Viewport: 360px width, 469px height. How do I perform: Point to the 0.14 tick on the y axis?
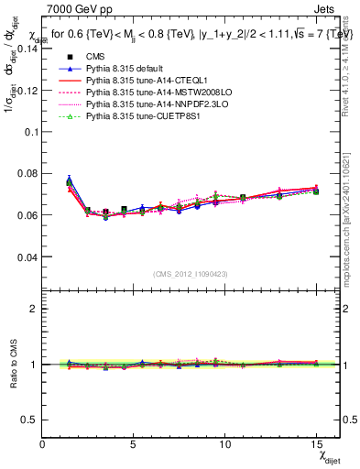[x=27, y=49]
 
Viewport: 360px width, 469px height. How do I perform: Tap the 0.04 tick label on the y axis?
[x=27, y=256]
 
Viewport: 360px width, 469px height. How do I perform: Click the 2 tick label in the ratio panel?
[x=35, y=309]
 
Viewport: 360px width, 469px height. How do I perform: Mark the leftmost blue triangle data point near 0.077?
[x=70, y=180]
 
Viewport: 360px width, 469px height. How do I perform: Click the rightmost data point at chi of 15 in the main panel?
[x=316, y=190]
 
